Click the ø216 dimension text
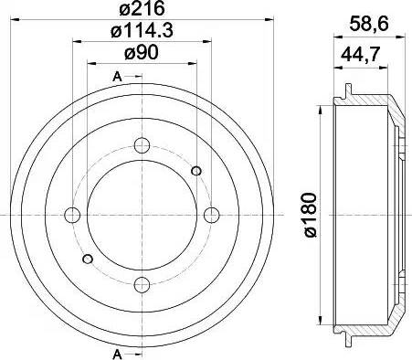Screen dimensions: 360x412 tap(142, 12)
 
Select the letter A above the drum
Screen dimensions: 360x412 tap(116, 76)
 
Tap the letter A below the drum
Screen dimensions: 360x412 tap(116, 353)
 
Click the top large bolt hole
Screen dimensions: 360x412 tap(142, 144)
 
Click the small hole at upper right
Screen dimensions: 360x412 tap(196, 169)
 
